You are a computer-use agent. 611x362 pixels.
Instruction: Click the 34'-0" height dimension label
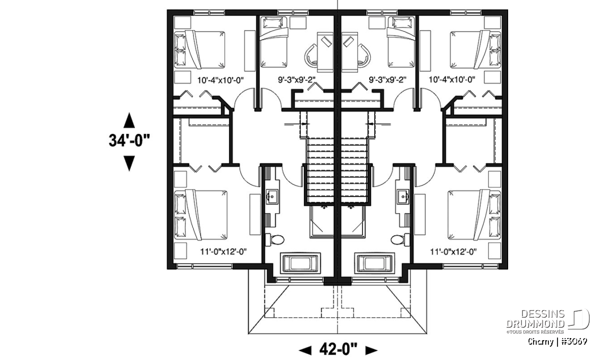(129, 141)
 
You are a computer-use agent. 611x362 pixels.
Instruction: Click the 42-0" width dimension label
(338, 350)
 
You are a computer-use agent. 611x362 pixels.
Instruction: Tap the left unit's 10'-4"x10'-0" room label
(220, 80)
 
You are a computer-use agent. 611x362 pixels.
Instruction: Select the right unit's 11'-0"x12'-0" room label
(453, 252)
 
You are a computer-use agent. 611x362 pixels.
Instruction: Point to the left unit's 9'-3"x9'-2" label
(297, 79)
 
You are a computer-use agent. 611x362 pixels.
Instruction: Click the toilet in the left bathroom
(274, 240)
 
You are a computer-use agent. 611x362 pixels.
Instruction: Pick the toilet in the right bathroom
(400, 240)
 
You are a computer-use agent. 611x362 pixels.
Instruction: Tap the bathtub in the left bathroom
(300, 263)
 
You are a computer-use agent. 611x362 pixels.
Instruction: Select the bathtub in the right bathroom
(375, 263)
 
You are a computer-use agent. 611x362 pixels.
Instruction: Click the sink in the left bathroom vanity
(272, 196)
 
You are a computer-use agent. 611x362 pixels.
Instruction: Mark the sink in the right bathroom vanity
(403, 196)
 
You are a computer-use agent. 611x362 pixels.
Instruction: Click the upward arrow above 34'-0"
(129, 120)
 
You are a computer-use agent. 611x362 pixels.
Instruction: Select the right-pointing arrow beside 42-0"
(372, 350)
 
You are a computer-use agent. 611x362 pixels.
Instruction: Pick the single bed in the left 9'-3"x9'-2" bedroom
(273, 42)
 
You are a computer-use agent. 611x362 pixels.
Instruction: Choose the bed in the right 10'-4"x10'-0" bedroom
(476, 49)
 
